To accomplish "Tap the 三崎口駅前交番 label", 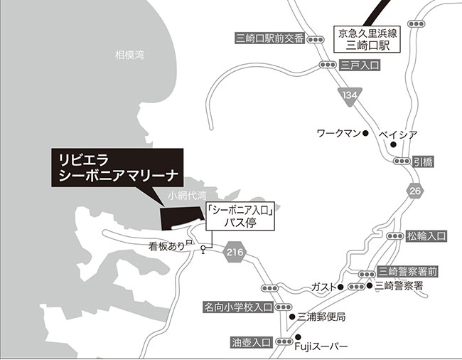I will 270,38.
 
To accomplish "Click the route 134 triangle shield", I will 350,95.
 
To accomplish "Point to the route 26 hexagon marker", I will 416,190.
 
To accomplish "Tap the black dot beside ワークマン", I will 365,133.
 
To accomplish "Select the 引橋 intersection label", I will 423,162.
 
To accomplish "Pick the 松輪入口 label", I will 426,235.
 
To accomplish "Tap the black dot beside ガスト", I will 340,287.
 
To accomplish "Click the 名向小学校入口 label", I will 238,307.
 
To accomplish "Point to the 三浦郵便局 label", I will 321,316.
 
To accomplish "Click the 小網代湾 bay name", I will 186,194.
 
